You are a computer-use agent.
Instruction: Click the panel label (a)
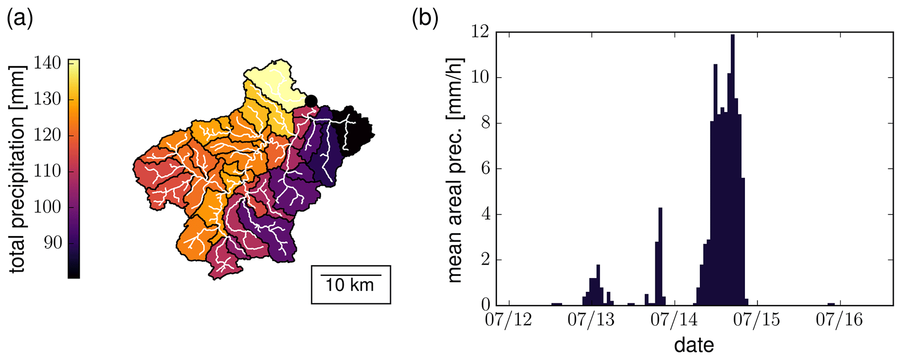point(20,20)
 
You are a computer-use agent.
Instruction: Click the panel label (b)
point(425,20)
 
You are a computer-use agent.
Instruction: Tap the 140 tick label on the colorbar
point(48,63)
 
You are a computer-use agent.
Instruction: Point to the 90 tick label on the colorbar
point(52,243)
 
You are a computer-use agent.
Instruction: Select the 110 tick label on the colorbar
point(48,171)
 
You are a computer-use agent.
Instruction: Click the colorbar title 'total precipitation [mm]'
point(17,169)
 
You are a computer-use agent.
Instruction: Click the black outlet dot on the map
point(311,101)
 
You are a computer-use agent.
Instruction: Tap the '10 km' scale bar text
point(350,285)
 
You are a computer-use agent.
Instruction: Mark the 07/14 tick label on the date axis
point(674,319)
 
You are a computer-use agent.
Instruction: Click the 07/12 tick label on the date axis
point(509,319)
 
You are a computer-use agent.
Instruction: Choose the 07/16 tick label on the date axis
point(839,319)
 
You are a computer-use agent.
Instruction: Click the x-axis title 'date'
point(694,345)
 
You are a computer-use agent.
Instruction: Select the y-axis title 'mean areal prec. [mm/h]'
point(455,169)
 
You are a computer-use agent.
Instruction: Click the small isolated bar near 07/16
point(831,304)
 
